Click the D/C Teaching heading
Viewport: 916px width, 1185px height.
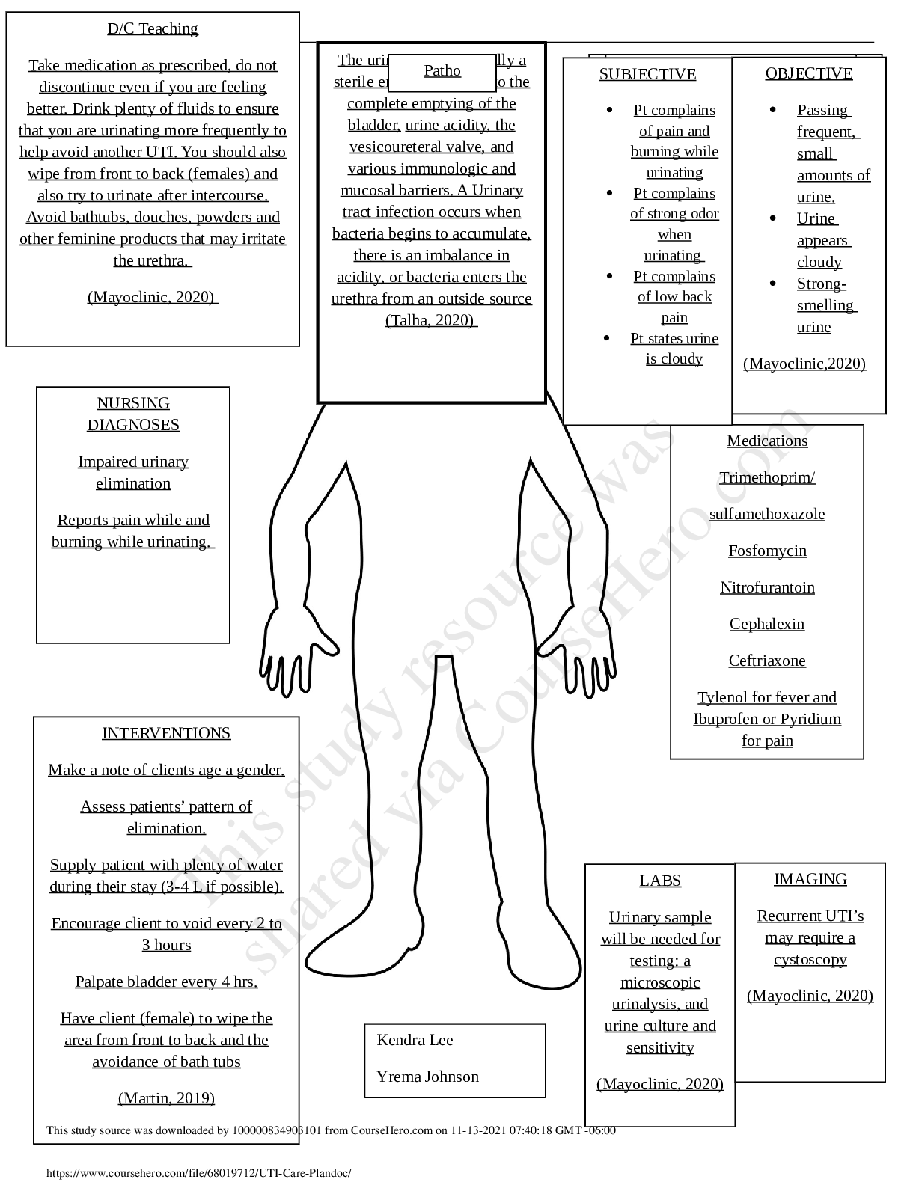[153, 28]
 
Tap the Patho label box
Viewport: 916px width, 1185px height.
[442, 71]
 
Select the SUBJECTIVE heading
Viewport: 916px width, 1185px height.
[647, 74]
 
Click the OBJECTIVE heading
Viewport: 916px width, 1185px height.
[808, 73]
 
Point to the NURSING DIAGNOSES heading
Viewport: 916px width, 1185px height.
[133, 414]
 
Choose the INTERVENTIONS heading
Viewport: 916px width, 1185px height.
[166, 733]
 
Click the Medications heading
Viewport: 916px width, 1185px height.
[767, 441]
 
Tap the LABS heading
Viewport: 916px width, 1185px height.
[660, 881]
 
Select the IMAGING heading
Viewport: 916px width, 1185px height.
[810, 879]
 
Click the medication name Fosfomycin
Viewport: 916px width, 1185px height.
[767, 551]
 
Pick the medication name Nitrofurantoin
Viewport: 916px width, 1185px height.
[767, 587]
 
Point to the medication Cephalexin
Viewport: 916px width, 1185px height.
[767, 624]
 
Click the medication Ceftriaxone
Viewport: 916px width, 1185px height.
[767, 661]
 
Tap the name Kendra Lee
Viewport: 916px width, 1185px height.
[415, 1040]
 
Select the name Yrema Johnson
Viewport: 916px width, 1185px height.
[427, 1077]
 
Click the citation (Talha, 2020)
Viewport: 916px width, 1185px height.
[431, 320]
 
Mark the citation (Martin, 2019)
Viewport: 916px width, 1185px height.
[166, 1098]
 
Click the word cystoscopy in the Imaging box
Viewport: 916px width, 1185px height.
[810, 959]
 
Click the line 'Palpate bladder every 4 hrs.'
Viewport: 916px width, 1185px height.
[166, 982]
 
